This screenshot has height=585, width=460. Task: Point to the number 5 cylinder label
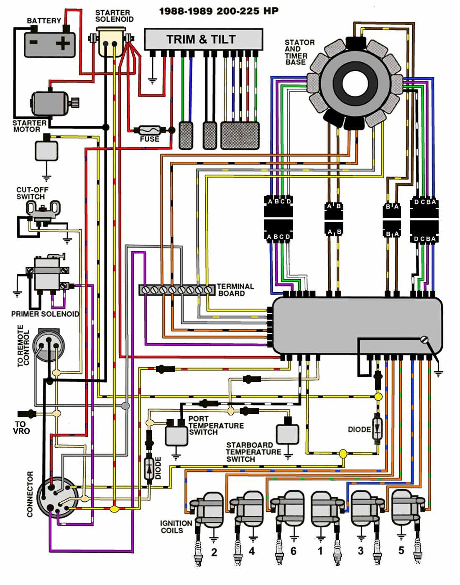(401, 550)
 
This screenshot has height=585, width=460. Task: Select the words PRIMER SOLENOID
(45, 314)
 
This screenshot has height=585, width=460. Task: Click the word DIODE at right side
(359, 429)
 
